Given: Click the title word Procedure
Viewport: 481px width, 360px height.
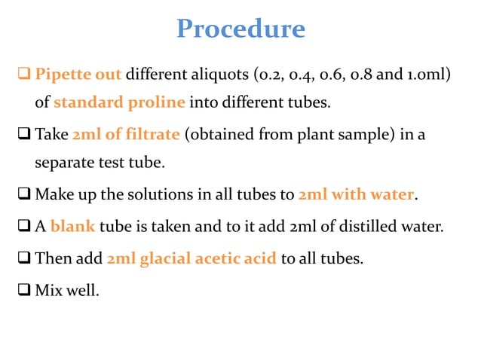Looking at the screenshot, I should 240,29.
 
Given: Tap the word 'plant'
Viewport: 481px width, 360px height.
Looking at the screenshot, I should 335,135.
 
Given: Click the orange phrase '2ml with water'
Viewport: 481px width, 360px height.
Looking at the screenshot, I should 357,194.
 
